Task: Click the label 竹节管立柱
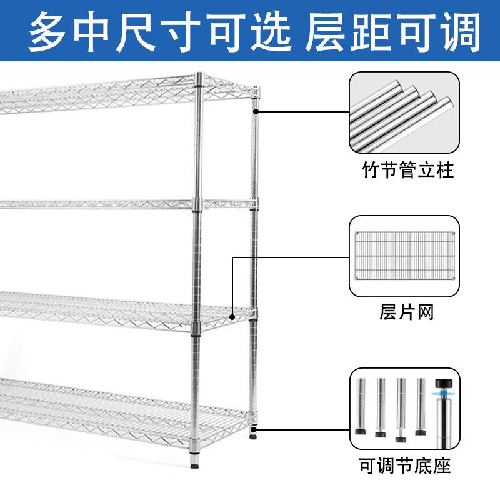coord(407,171)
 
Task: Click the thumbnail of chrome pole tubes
coord(408,113)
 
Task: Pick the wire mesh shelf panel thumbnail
coord(408,256)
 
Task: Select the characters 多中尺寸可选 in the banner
coord(161,31)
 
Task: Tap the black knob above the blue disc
coord(444,382)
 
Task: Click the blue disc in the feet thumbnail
coord(444,393)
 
